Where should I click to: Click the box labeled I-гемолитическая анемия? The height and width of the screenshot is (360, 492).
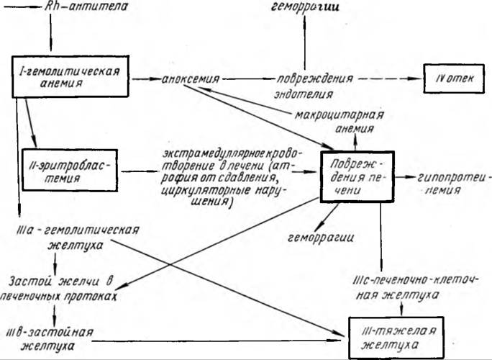(70, 76)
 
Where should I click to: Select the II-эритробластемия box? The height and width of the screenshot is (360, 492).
(70, 170)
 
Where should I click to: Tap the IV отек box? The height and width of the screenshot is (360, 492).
(454, 78)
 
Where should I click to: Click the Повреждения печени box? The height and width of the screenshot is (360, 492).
(357, 177)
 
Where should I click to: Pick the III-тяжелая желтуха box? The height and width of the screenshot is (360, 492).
(396, 338)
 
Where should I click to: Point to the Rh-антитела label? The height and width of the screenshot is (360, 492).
(86, 6)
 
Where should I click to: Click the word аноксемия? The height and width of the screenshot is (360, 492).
(191, 79)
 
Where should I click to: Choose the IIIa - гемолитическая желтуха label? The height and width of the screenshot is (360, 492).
(76, 238)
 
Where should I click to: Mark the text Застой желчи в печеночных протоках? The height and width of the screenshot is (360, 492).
(58, 289)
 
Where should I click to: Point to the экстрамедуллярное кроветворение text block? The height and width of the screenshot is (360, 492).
(231, 177)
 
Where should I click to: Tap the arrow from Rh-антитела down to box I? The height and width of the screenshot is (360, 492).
(50, 32)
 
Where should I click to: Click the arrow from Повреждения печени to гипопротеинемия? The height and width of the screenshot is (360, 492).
(405, 177)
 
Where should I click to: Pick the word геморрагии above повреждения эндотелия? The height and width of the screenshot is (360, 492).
(305, 6)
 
